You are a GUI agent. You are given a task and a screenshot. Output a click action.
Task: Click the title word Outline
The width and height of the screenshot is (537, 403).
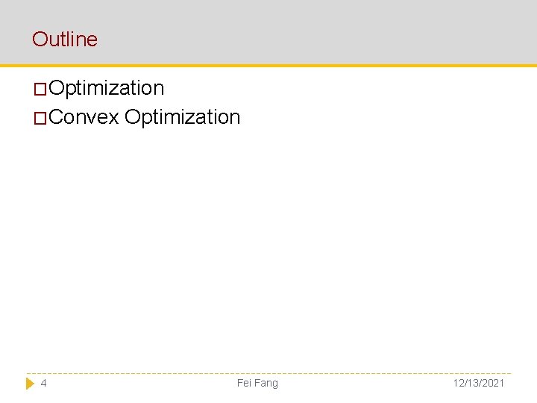(x=65, y=40)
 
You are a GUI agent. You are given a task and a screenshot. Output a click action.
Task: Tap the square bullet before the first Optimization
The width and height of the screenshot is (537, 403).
(x=40, y=90)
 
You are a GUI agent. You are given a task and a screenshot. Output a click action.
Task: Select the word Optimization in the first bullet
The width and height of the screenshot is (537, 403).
(x=107, y=88)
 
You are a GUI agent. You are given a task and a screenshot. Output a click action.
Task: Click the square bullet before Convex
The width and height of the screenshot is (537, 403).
(x=40, y=119)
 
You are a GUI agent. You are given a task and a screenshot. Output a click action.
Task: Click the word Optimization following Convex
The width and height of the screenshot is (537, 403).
(x=183, y=117)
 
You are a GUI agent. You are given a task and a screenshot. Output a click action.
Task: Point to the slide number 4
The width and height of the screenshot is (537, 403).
(x=44, y=383)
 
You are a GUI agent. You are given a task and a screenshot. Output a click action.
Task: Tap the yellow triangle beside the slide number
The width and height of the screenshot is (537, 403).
(x=31, y=383)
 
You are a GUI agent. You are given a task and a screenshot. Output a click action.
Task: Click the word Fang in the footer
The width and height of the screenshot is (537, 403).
(x=266, y=383)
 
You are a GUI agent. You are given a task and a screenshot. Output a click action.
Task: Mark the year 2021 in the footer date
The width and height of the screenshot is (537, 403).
(x=492, y=383)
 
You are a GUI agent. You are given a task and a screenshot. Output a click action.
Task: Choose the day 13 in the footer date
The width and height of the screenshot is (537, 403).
(x=473, y=383)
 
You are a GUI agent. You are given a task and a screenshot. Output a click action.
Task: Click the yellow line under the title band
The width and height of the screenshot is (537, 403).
(x=268, y=66)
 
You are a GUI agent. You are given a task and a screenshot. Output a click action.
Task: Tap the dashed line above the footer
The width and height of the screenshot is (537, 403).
(x=268, y=373)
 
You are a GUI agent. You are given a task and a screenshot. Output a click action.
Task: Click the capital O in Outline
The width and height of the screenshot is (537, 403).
(x=39, y=40)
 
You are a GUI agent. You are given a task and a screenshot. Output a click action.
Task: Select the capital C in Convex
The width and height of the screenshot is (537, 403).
(x=57, y=117)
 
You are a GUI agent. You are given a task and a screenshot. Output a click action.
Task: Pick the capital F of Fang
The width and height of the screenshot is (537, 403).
(x=258, y=383)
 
